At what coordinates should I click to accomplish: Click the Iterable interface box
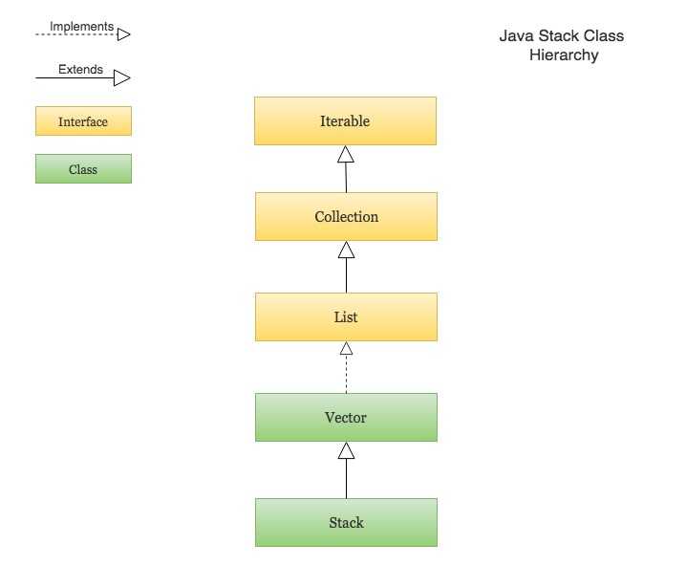click(x=345, y=121)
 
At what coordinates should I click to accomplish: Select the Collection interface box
click(x=346, y=217)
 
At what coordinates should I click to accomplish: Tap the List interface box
click(x=346, y=317)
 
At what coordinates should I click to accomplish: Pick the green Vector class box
click(x=346, y=418)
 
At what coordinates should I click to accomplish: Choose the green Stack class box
click(x=346, y=523)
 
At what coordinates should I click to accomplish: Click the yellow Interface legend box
click(x=83, y=121)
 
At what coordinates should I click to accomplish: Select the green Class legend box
click(x=83, y=169)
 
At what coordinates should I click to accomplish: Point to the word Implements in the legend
click(x=81, y=27)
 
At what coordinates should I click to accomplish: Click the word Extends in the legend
click(x=80, y=70)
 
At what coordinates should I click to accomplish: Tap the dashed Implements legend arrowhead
click(x=123, y=33)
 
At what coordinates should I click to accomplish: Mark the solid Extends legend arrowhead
click(x=123, y=77)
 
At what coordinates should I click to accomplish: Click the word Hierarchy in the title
click(x=564, y=55)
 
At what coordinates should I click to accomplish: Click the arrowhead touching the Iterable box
click(x=346, y=154)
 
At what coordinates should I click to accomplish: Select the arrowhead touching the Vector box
click(x=346, y=450)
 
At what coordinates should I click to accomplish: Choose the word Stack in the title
click(x=558, y=36)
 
